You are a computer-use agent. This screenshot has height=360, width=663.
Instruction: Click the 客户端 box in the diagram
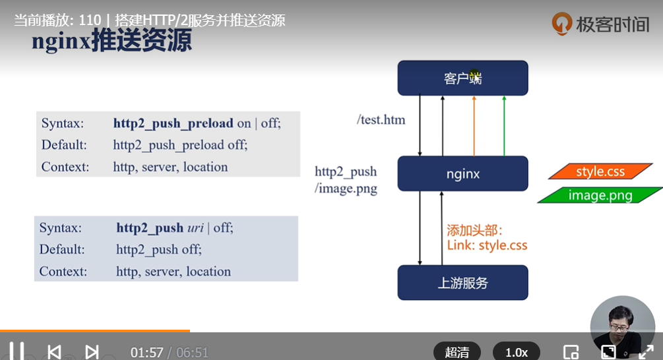point(462,78)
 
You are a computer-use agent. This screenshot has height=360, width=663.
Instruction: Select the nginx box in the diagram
point(462,174)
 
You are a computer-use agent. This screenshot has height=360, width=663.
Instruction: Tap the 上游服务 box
point(462,283)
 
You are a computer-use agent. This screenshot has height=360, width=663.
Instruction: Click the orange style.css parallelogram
point(600,172)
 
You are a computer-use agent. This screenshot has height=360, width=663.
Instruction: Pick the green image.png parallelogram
point(600,195)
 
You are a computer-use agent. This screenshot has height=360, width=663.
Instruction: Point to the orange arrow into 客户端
point(474,125)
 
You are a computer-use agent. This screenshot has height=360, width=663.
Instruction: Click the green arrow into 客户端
point(503,125)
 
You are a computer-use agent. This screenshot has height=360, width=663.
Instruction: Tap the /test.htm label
point(381,120)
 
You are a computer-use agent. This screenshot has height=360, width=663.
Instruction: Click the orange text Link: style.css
point(487,245)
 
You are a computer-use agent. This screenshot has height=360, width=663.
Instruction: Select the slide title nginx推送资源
point(111,41)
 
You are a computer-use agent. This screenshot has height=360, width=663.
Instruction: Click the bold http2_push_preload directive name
point(173,123)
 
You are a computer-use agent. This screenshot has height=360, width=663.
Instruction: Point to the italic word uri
point(195,227)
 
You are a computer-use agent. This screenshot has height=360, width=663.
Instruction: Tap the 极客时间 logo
point(600,24)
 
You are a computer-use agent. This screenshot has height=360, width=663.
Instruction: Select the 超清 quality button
point(457,352)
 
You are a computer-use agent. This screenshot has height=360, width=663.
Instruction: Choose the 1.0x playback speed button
point(516,352)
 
